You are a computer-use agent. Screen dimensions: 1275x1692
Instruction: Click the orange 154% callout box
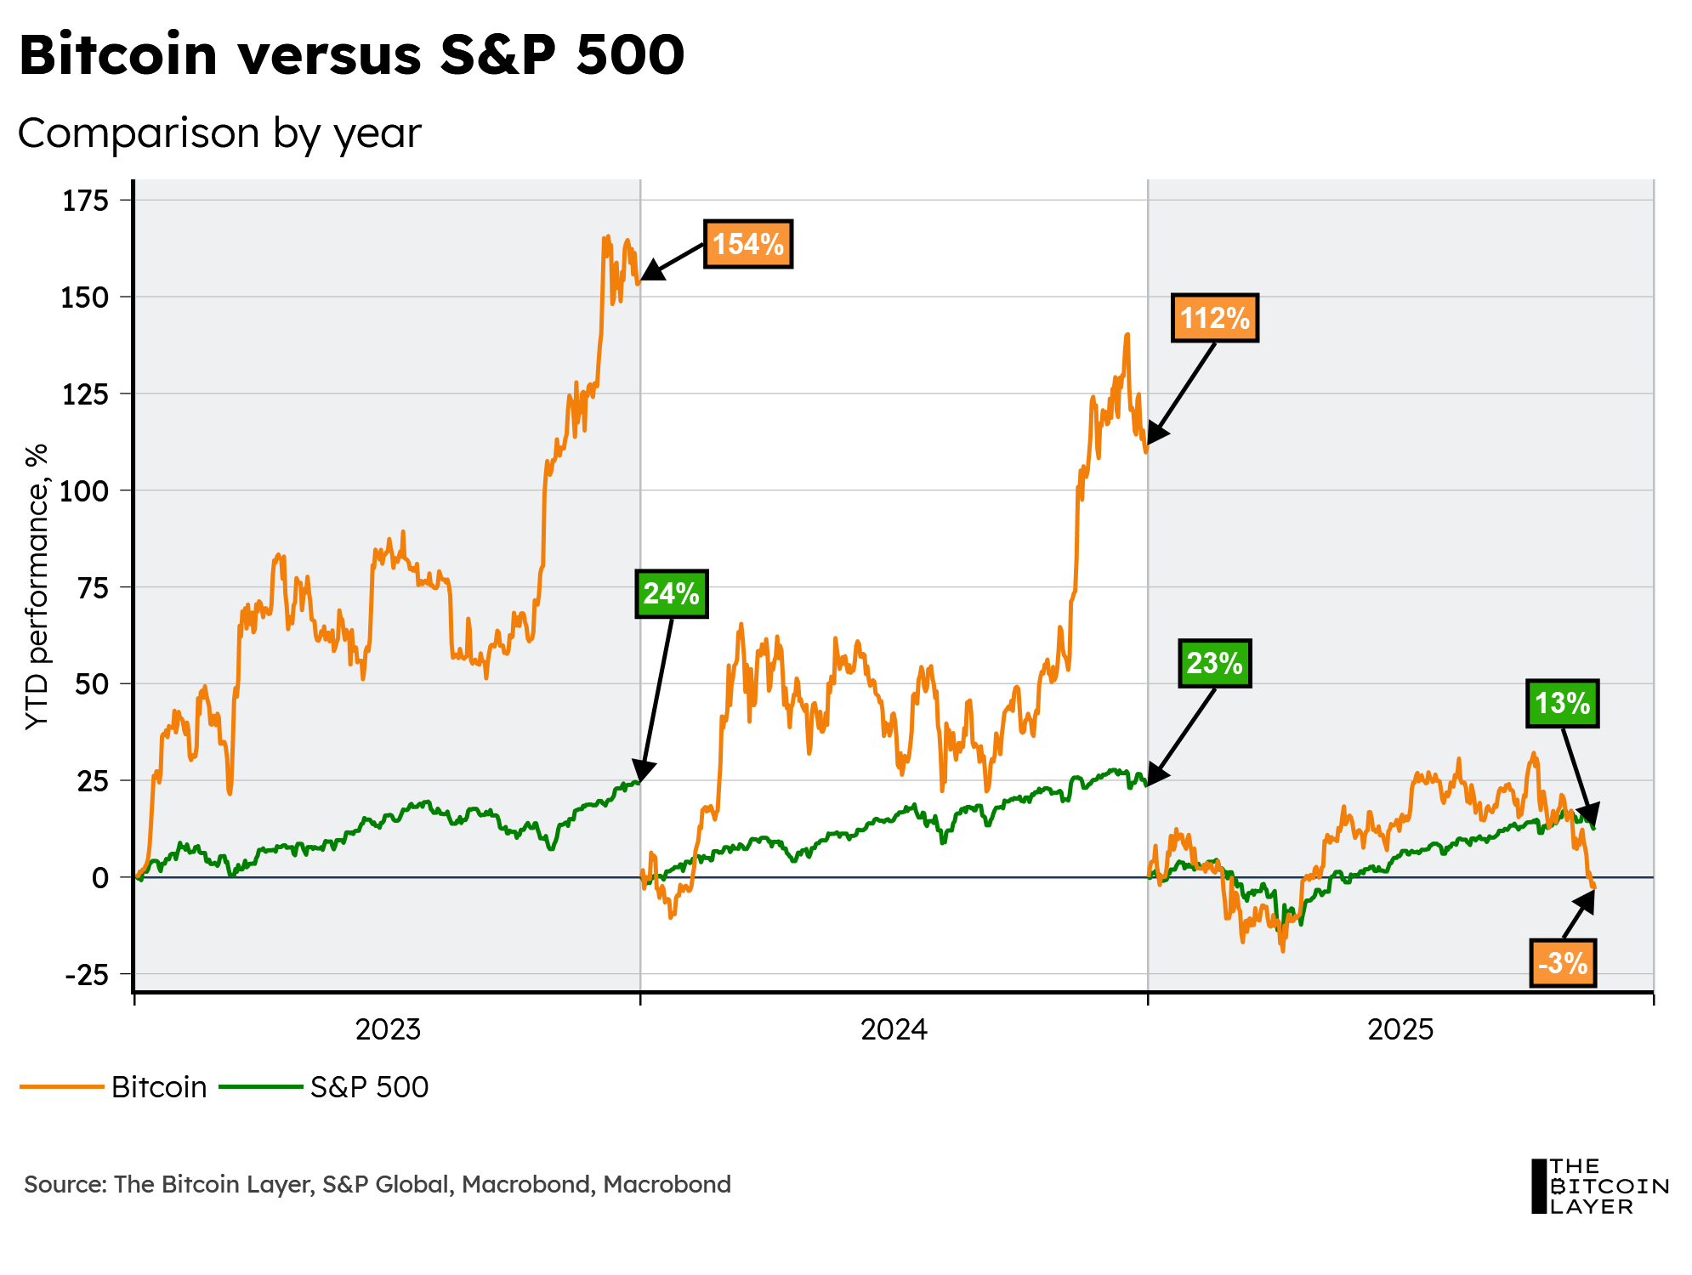(747, 245)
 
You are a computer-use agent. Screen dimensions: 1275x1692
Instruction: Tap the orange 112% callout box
(1214, 319)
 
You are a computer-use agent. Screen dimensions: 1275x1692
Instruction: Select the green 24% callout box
(671, 593)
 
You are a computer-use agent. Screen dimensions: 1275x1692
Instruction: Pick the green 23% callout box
(1214, 663)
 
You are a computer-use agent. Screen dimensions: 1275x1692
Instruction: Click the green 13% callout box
(1562, 704)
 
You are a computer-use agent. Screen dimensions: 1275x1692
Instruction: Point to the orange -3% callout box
(1563, 963)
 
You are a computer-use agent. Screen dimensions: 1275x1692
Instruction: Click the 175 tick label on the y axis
(85, 201)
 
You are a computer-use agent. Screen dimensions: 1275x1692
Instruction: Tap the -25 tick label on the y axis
(87, 974)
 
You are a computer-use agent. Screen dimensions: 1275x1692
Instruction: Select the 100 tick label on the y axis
(85, 490)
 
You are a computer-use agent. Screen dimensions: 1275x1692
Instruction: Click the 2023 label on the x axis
(388, 1029)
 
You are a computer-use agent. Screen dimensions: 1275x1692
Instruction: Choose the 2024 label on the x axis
(894, 1029)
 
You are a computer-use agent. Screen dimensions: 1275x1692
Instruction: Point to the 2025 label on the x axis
(1400, 1029)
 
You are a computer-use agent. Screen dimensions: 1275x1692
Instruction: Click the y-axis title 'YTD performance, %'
(37, 586)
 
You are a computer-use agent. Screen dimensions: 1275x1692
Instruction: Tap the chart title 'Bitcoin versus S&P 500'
(351, 54)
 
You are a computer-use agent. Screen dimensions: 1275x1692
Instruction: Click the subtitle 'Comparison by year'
(219, 133)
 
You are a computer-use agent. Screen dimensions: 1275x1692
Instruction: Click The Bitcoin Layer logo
(1599, 1186)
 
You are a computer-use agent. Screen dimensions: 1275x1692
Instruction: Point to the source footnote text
(378, 1184)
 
